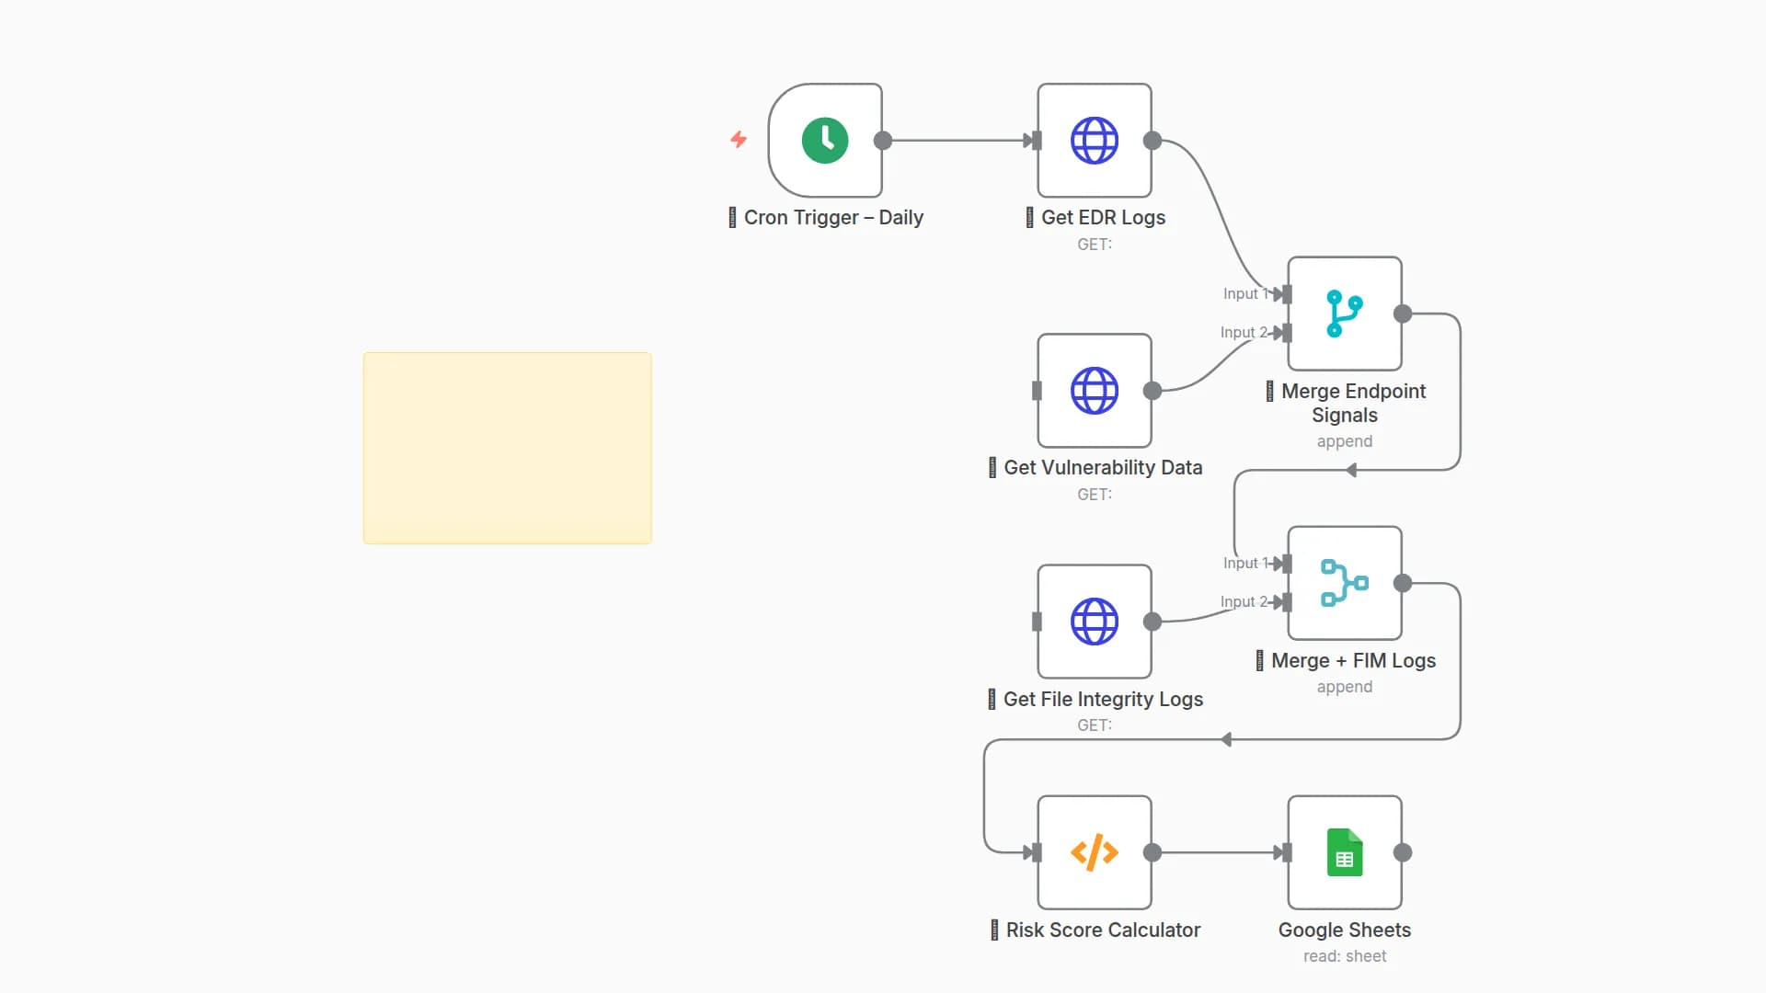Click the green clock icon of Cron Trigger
coord(825,141)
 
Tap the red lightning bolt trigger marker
coord(739,139)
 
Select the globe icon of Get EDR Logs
coord(1095,141)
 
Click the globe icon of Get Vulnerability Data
coord(1095,391)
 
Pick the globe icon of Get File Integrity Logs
coord(1095,622)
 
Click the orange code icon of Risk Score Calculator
coord(1095,852)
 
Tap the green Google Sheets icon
coord(1345,852)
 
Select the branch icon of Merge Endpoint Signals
coord(1345,314)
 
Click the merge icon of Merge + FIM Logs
coord(1345,583)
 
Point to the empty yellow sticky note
coord(508,448)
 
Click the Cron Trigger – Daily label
coord(833,218)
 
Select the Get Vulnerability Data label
coord(1103,468)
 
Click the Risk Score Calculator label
coord(1103,930)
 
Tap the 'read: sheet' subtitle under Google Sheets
coord(1345,956)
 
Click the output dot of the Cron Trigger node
coord(883,141)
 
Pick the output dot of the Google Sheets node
coord(1403,852)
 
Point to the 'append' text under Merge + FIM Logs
coord(1345,687)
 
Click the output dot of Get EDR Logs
coord(1152,141)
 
